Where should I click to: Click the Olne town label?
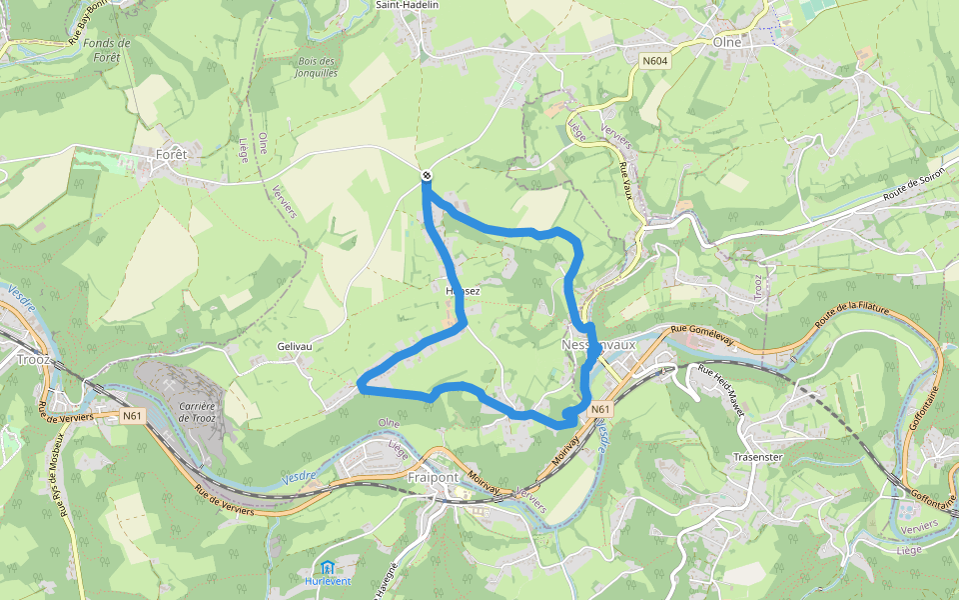[727, 42]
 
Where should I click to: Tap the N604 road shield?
[655, 61]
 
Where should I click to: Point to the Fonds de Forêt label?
[108, 50]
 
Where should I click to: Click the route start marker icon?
[427, 176]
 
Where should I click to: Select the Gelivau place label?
[295, 346]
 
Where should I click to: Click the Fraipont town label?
[434, 477]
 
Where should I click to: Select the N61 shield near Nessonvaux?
[599, 409]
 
